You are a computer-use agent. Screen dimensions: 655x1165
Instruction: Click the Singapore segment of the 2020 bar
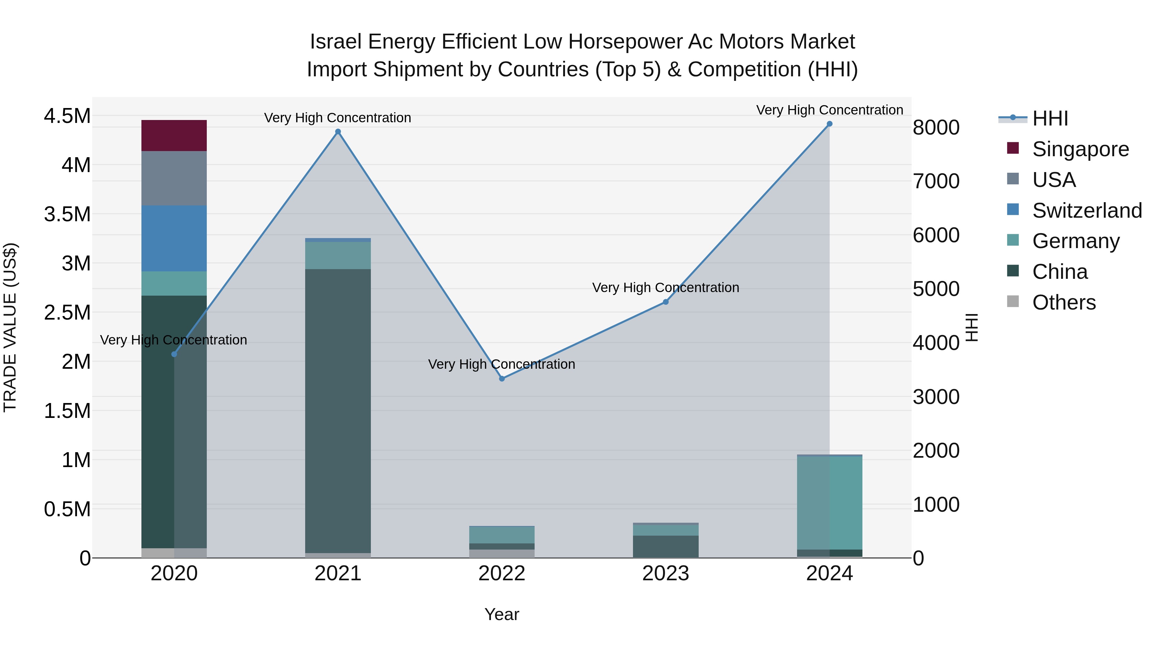[x=174, y=135]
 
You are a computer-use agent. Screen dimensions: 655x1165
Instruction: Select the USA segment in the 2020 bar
[x=174, y=178]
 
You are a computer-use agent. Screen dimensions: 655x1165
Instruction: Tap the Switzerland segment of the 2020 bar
[x=174, y=238]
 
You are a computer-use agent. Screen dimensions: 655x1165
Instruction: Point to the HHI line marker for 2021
[x=338, y=132]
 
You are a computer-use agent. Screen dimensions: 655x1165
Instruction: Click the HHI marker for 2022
[x=502, y=378]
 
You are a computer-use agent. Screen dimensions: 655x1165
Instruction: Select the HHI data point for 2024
[x=829, y=124]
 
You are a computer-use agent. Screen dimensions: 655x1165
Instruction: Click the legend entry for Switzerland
[x=1087, y=211]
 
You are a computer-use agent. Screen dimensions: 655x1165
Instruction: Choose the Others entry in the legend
[x=1064, y=302]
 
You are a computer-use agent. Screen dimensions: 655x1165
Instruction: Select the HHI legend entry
[x=1050, y=118]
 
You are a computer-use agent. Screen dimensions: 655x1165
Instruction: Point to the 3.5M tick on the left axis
[x=67, y=214]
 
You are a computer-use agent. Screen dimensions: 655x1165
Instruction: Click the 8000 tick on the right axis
[x=936, y=127]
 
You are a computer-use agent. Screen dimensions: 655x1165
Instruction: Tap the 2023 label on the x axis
[x=665, y=573]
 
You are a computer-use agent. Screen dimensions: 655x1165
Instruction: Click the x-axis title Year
[x=502, y=614]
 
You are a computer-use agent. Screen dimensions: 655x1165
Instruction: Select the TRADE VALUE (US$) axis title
[x=10, y=327]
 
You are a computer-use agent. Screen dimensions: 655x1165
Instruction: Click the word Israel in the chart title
[x=335, y=42]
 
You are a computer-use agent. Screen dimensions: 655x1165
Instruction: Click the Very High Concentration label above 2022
[x=502, y=364]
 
